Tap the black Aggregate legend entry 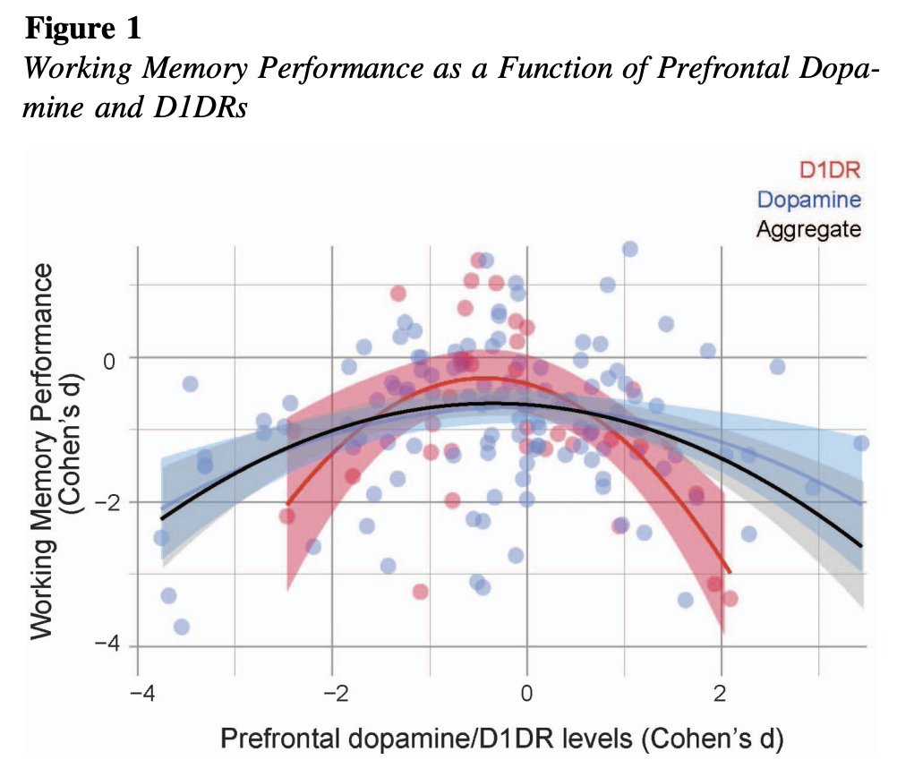(808, 228)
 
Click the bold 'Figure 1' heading (82, 29)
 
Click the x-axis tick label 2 (721, 694)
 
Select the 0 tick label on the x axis (526, 694)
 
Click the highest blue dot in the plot (629, 249)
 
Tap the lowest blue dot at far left (182, 627)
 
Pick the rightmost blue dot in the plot (861, 443)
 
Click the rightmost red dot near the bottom (730, 598)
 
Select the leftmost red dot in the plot (286, 516)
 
